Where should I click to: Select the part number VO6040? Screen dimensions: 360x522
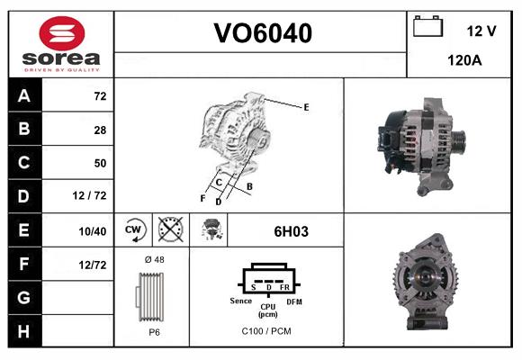click(x=262, y=33)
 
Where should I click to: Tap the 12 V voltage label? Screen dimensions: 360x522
click(x=481, y=31)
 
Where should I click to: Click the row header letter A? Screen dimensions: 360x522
click(x=23, y=94)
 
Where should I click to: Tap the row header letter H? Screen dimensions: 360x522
click(x=23, y=330)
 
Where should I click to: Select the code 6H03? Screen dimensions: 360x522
click(x=291, y=231)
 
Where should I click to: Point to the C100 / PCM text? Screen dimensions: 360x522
click(x=266, y=331)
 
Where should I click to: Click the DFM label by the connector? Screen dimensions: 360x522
click(x=294, y=301)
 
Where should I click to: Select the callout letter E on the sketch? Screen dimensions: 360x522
click(x=306, y=107)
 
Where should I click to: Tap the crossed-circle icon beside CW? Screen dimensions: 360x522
click(x=168, y=230)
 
